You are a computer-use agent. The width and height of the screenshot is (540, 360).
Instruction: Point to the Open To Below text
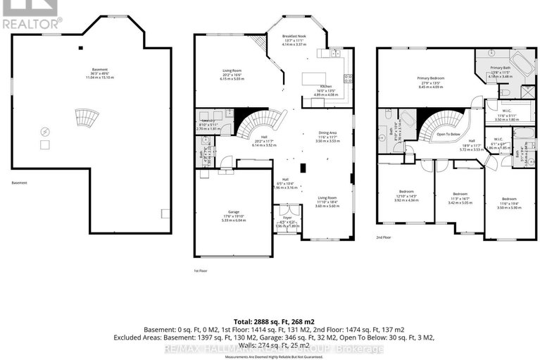pos(448,134)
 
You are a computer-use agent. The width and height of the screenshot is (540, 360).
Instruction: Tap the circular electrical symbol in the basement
pos(46,132)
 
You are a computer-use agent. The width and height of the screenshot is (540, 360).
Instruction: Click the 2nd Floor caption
pos(384,237)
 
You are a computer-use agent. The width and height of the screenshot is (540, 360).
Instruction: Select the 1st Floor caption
pos(201,271)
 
